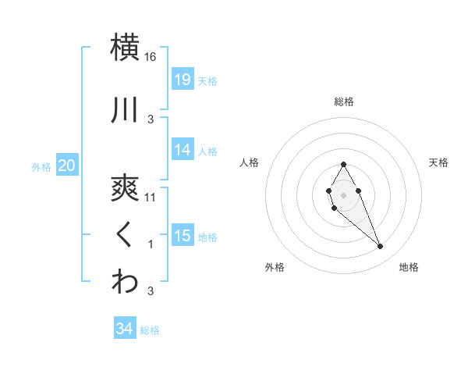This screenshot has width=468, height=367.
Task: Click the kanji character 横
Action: (x=125, y=46)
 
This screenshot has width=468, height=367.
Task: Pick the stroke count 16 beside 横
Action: (x=151, y=57)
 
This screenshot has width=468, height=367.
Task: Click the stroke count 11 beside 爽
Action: (x=151, y=198)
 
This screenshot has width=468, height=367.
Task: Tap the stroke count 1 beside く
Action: (x=151, y=244)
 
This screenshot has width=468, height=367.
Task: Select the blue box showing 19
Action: (x=182, y=79)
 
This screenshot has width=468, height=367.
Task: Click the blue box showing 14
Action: (x=182, y=150)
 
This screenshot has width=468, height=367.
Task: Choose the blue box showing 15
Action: (x=182, y=236)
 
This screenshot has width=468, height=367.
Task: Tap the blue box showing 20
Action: (x=67, y=165)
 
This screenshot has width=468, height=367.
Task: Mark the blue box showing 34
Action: (x=125, y=329)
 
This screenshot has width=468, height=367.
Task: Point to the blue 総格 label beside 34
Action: (x=151, y=330)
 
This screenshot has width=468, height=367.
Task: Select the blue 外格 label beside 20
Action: (x=41, y=166)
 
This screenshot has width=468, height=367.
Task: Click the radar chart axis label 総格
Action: (x=343, y=102)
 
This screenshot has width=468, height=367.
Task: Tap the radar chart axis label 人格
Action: (x=250, y=162)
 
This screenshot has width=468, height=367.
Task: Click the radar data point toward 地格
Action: (x=380, y=247)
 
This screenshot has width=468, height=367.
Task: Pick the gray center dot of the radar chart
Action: (x=343, y=193)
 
